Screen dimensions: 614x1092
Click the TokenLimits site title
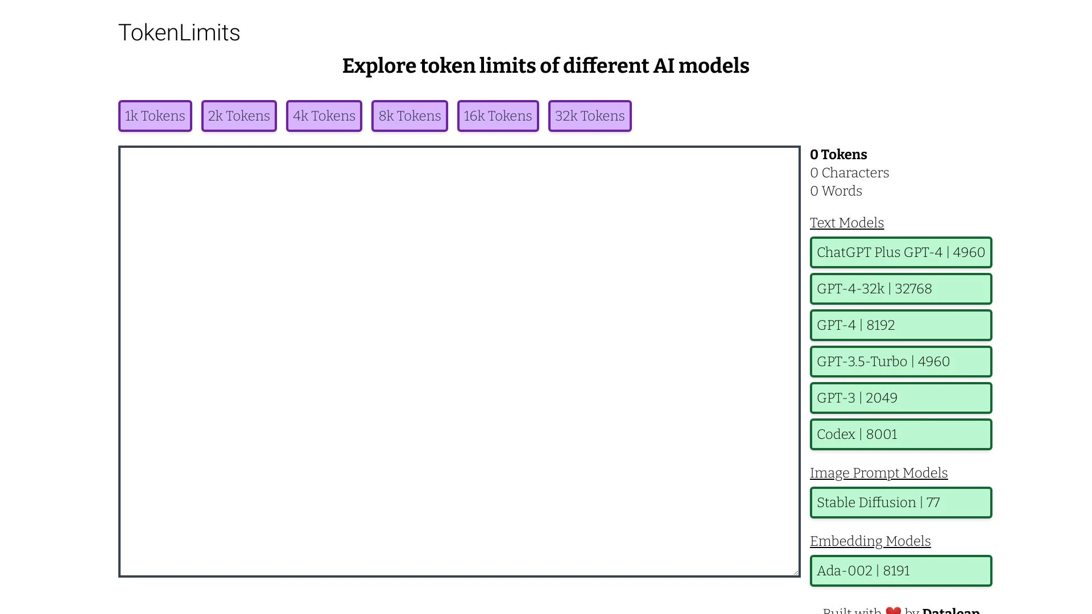point(179,33)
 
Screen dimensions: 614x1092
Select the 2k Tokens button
point(239,116)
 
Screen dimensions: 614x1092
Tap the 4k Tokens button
point(324,116)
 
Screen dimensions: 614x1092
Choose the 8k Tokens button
point(409,116)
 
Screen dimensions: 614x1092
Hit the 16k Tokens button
point(498,116)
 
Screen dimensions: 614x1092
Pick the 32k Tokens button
point(590,116)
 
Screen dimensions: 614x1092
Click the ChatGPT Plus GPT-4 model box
point(901,252)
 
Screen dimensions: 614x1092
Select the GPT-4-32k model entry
point(901,289)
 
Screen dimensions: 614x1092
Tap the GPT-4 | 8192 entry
point(901,325)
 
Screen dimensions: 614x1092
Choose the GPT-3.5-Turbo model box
point(901,362)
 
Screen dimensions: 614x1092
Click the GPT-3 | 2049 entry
point(901,398)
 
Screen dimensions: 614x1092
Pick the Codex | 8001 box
point(901,434)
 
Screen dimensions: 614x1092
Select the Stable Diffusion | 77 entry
point(901,503)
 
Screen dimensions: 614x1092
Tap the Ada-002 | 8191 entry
point(901,571)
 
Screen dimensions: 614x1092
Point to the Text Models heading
point(847,223)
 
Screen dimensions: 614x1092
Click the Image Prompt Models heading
point(879,473)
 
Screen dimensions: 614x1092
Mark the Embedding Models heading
point(870,541)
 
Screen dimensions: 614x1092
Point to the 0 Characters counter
point(850,173)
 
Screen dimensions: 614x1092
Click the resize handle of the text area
point(796,572)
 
